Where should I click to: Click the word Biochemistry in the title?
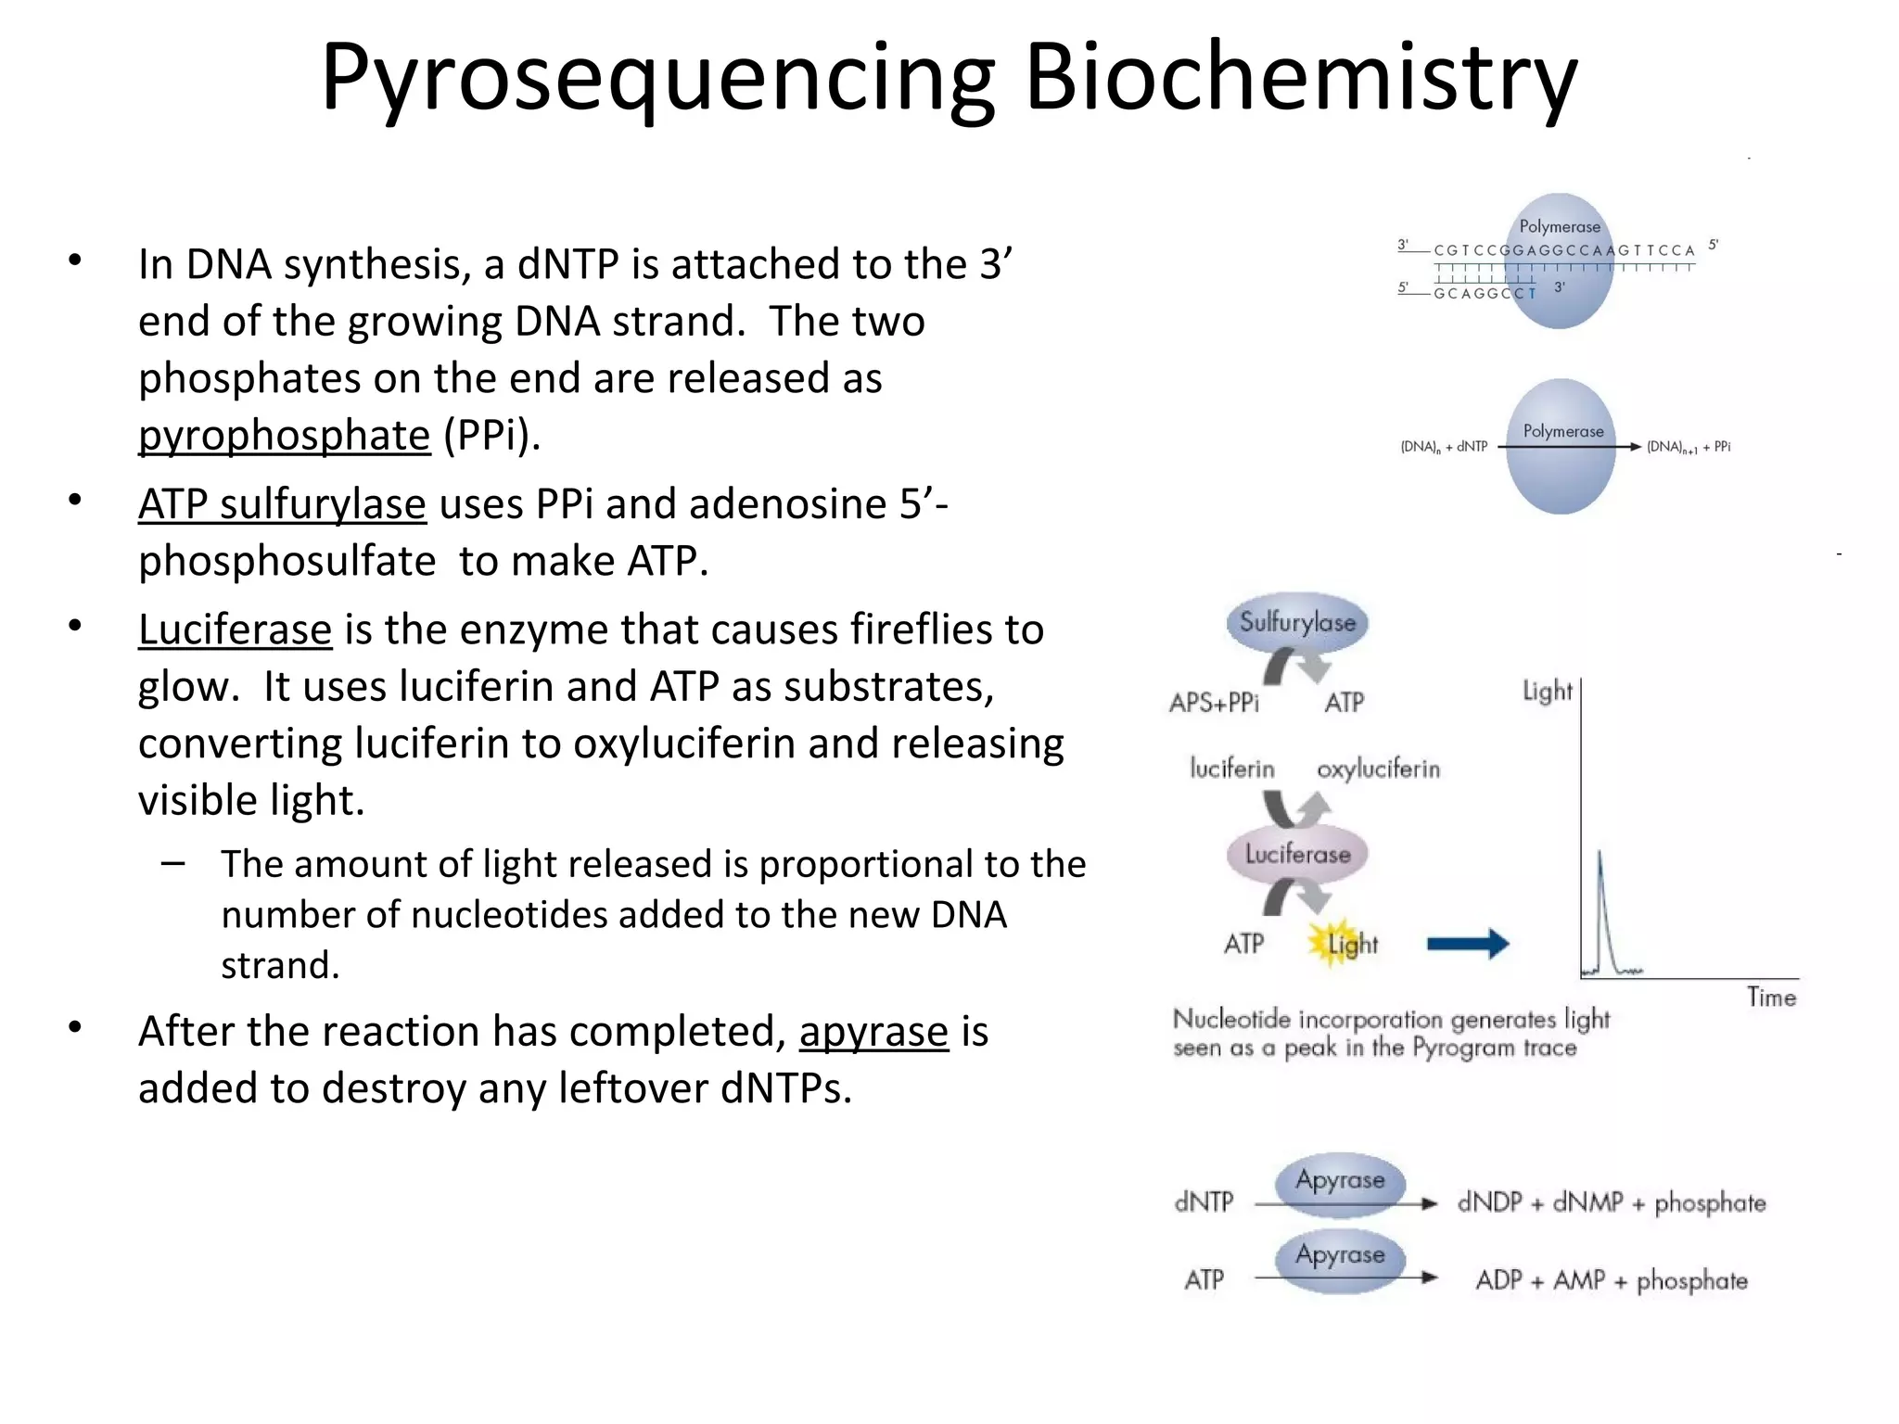(x=1300, y=78)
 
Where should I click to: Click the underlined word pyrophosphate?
(x=285, y=435)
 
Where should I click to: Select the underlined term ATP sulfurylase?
(x=282, y=504)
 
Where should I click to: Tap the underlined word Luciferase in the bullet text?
(x=235, y=629)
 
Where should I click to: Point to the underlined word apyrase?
(x=873, y=1032)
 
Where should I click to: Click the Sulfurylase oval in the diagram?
(x=1297, y=622)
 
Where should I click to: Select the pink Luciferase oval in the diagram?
(x=1297, y=854)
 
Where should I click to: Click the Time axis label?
(x=1771, y=998)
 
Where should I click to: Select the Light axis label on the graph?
(x=1547, y=691)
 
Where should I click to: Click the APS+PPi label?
(x=1214, y=703)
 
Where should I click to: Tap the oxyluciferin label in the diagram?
(x=1378, y=769)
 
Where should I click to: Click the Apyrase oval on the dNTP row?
(x=1340, y=1182)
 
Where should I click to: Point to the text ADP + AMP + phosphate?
(x=1611, y=1280)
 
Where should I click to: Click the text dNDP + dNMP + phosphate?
(x=1611, y=1202)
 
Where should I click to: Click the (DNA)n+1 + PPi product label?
(x=1688, y=447)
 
